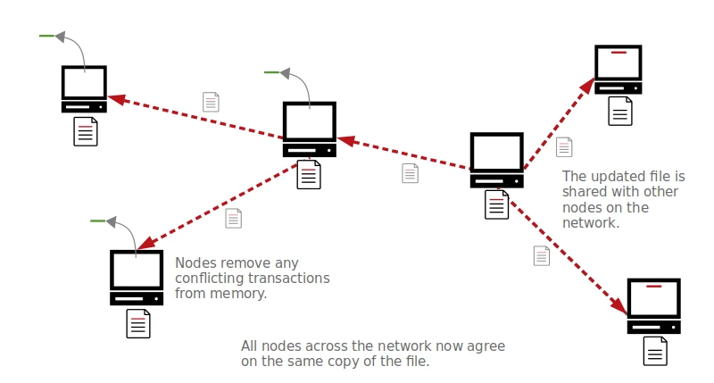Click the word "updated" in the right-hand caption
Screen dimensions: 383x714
point(615,176)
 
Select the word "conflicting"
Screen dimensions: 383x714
point(211,278)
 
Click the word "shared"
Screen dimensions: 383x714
point(584,192)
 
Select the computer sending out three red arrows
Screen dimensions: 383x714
point(496,160)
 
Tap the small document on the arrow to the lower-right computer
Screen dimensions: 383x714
point(542,255)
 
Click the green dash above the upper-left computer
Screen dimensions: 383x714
point(46,37)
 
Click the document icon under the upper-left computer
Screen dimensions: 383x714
point(85,131)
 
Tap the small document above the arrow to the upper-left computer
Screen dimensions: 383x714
point(211,101)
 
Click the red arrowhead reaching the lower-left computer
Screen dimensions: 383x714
point(143,243)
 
